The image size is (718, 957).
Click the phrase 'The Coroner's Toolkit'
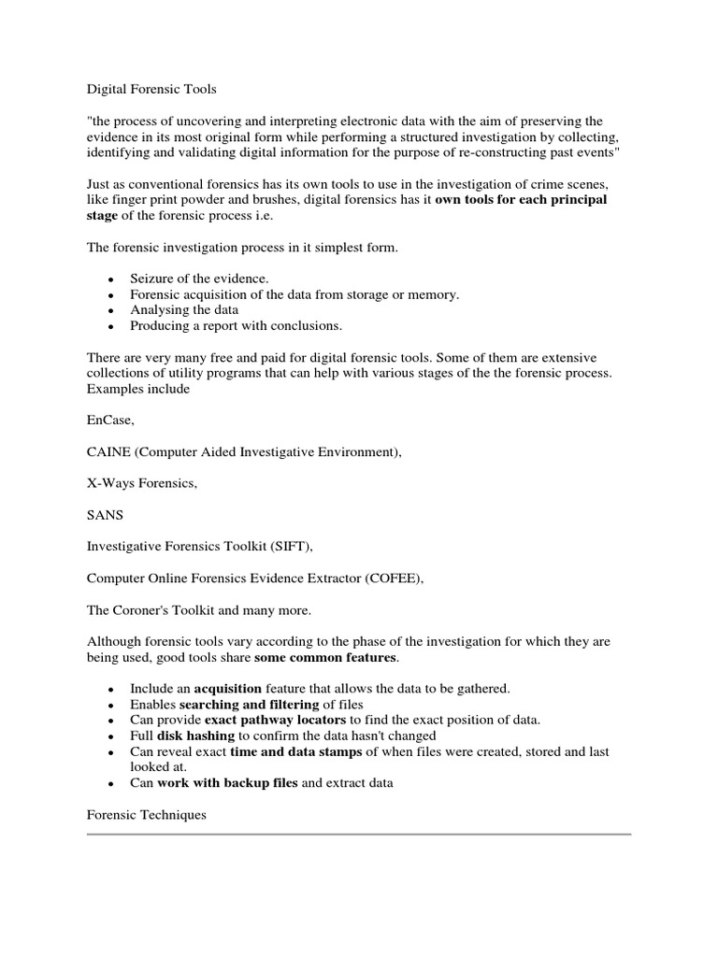coord(151,610)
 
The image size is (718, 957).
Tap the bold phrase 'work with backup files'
coord(227,783)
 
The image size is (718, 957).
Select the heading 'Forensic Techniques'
coord(147,815)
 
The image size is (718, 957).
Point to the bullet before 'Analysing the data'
coord(110,311)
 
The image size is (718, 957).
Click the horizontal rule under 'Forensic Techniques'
coord(359,835)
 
